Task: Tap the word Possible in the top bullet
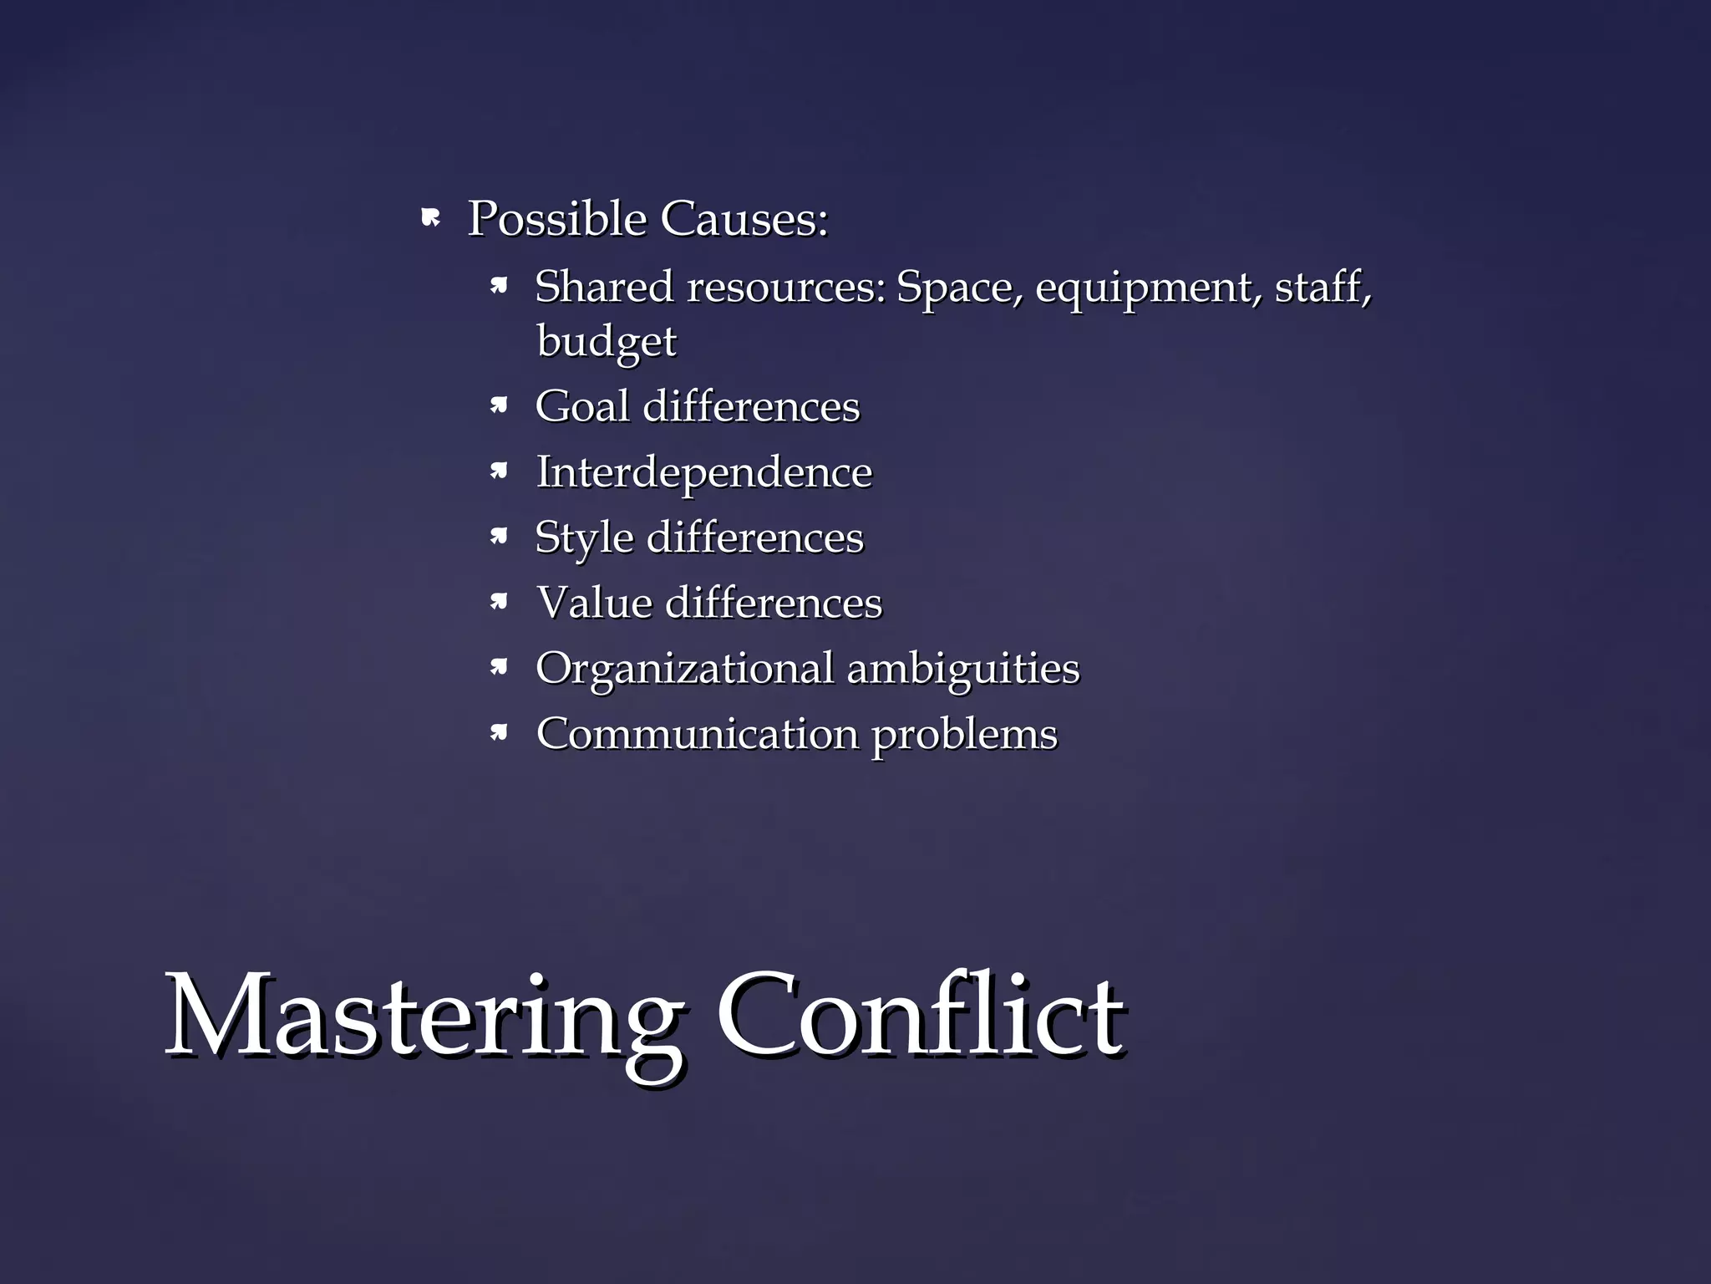click(557, 219)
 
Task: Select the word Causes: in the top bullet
click(744, 219)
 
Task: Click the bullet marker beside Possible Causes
click(430, 219)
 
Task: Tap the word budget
click(607, 341)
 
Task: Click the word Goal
click(582, 406)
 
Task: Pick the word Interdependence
click(704, 472)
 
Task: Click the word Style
click(584, 538)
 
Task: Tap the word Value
click(594, 603)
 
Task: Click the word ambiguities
click(963, 669)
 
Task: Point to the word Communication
click(698, 734)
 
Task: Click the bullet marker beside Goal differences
click(499, 406)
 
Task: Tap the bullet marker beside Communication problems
click(499, 734)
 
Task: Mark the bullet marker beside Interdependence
click(499, 472)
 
